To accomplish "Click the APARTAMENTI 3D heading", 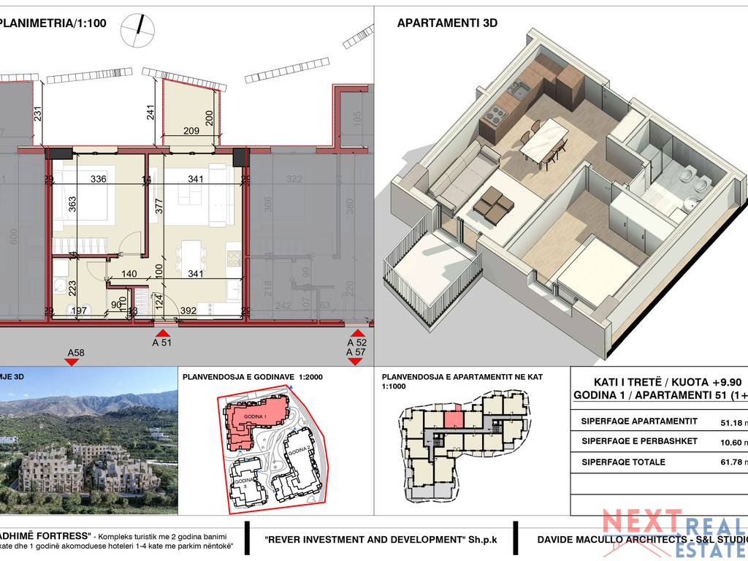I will click(x=447, y=23).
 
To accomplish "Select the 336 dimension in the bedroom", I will click(x=98, y=179).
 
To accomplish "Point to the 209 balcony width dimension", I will click(x=190, y=131).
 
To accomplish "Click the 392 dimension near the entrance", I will click(x=188, y=311).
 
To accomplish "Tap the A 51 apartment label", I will click(x=161, y=342).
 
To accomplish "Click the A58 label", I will click(x=75, y=353).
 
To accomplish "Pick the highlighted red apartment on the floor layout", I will click(x=453, y=419).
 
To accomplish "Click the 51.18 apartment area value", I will click(x=730, y=421).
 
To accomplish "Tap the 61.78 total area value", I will click(x=730, y=462).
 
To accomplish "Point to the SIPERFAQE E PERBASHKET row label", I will click(x=639, y=441).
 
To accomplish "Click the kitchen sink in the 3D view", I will click(x=519, y=91).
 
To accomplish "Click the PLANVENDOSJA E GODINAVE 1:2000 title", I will click(x=252, y=378).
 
